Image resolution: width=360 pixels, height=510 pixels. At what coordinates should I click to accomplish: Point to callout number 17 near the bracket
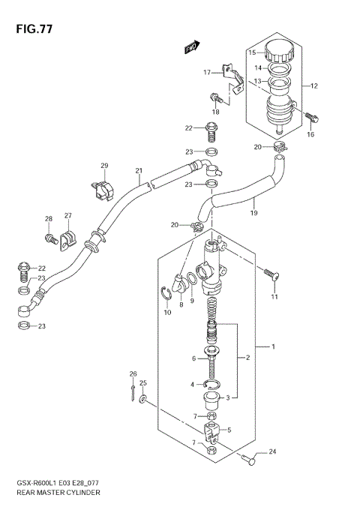point(207,72)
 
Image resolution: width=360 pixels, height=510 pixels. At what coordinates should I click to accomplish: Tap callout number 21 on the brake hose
point(139,170)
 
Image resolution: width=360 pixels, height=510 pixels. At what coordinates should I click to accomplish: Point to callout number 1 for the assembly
point(274,347)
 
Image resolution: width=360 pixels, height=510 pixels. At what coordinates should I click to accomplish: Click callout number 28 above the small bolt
point(49,219)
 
